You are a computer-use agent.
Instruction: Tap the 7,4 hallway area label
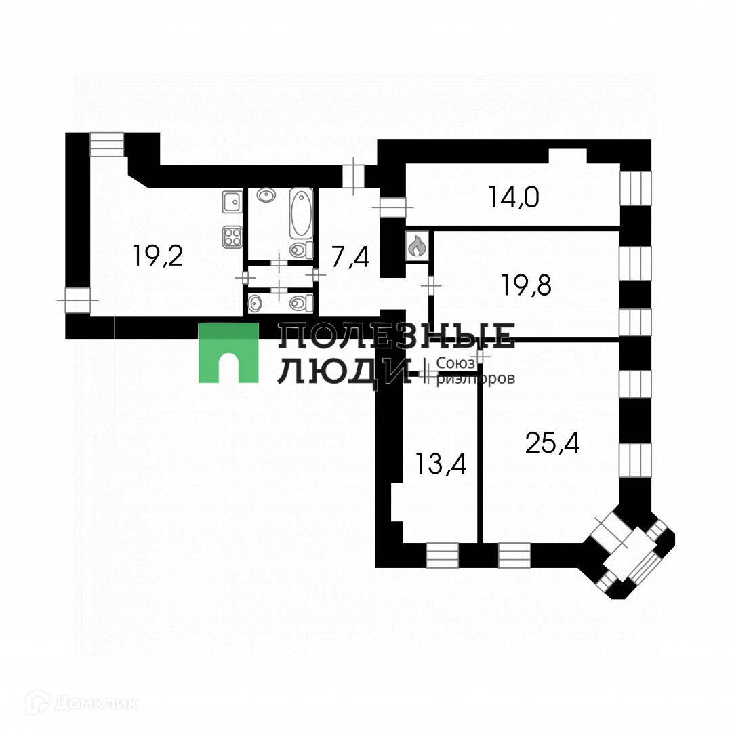[350, 257]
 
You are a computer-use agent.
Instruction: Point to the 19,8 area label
[527, 285]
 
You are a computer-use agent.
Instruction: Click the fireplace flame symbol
[415, 246]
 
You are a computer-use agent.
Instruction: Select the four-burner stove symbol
[232, 236]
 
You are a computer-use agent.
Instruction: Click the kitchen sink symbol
[232, 201]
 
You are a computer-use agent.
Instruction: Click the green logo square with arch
[228, 352]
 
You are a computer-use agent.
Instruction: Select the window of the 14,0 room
[635, 188]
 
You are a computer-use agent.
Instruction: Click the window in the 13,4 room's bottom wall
[442, 555]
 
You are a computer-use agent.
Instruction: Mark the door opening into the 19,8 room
[430, 285]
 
